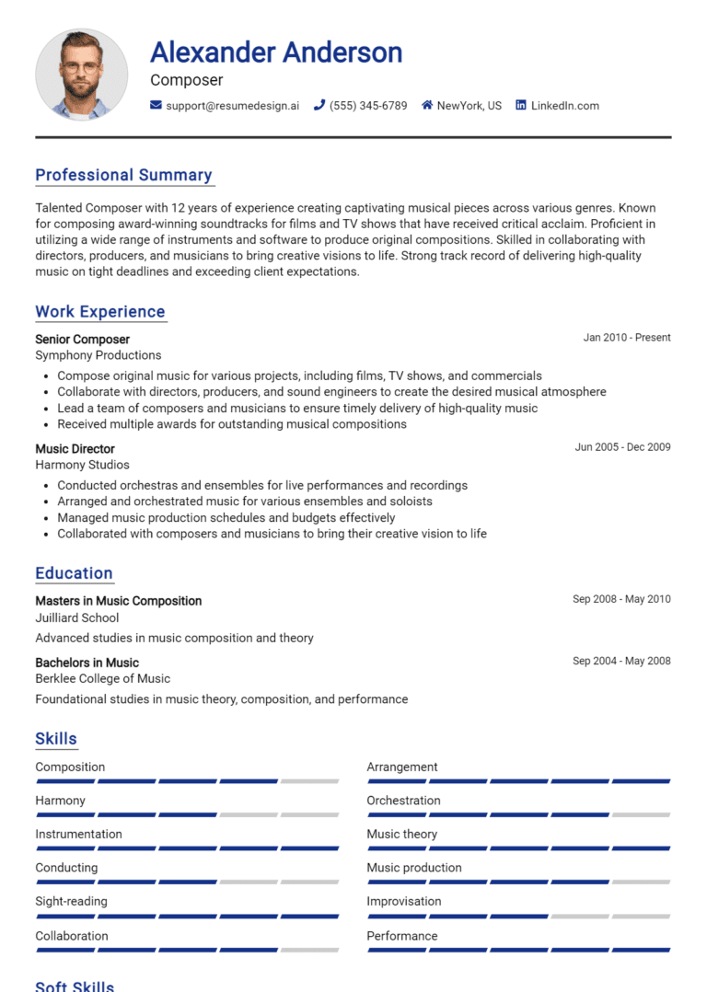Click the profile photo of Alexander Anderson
tap(81, 74)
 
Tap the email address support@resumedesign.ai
tap(232, 106)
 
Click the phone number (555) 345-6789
tap(367, 106)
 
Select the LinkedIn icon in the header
tap(521, 106)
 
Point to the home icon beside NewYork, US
tap(427, 106)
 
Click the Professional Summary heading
tap(123, 175)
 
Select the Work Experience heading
tap(99, 312)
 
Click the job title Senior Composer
tap(82, 339)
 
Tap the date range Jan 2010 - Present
tap(626, 338)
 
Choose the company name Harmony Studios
tap(82, 465)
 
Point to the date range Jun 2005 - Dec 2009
tap(622, 447)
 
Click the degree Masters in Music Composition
tap(118, 601)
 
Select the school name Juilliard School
tap(76, 617)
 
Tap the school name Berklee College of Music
tap(102, 678)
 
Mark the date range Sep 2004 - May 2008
tap(621, 661)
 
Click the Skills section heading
tap(56, 739)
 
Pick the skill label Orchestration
tap(403, 801)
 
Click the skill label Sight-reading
tap(71, 901)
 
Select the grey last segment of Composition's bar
tap(309, 781)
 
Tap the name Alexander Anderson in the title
tap(276, 52)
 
